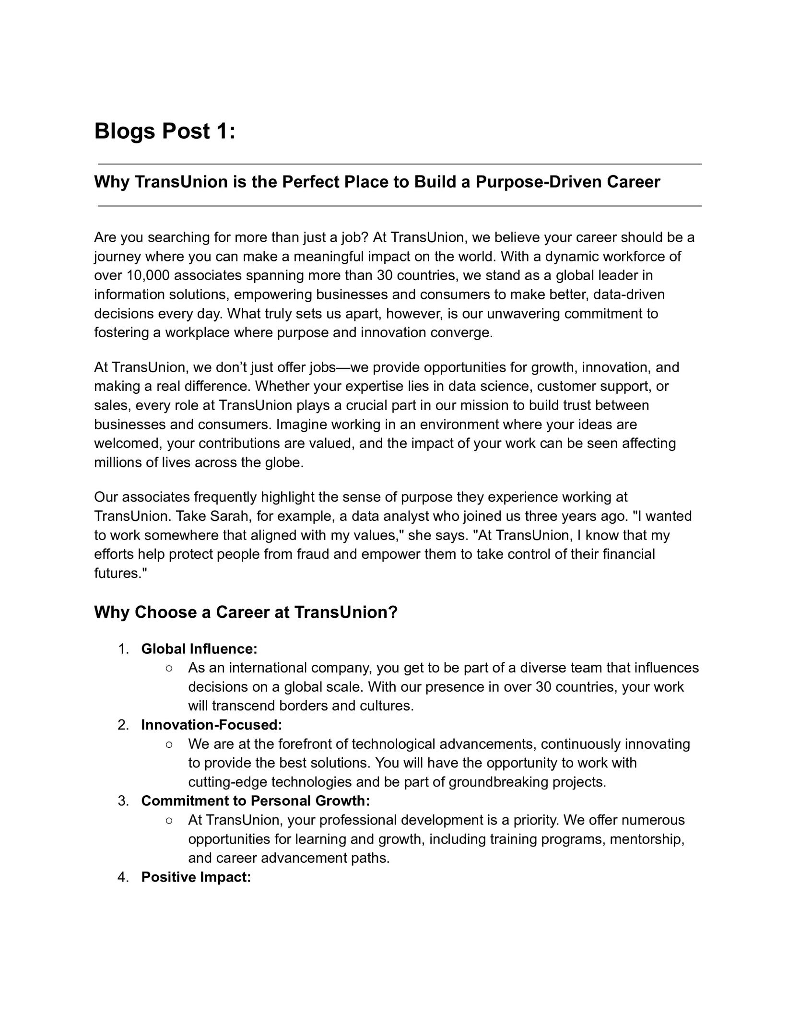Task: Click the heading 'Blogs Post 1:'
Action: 165,131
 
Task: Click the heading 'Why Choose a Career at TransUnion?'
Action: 246,612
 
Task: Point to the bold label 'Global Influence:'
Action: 199,649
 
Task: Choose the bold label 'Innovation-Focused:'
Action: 212,725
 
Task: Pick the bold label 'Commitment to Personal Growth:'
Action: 255,801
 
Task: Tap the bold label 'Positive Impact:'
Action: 196,877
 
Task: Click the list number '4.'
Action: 123,877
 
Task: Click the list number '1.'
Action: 123,649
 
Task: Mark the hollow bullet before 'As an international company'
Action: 169,668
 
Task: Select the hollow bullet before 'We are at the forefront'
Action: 169,744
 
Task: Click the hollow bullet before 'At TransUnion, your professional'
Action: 169,820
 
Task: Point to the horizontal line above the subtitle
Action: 400,164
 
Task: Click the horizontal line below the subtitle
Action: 400,206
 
